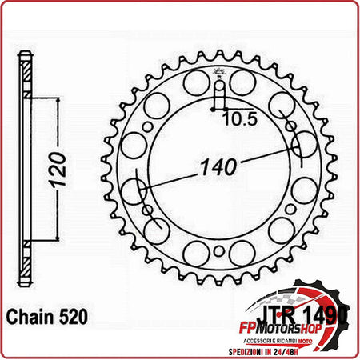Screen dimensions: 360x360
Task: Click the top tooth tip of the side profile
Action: [x=27, y=56]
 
